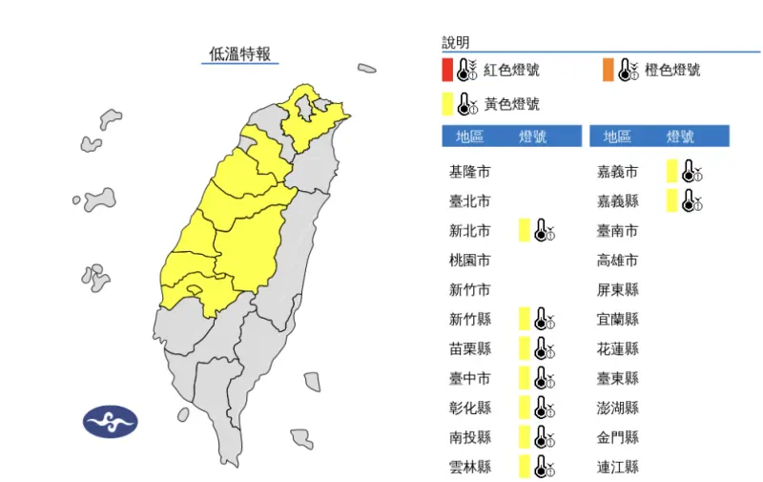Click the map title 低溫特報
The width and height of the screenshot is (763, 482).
pos(240,53)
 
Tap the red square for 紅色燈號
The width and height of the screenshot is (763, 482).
pos(447,70)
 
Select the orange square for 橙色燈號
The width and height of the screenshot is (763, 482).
pos(608,70)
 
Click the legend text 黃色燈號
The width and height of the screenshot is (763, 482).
pos(511,103)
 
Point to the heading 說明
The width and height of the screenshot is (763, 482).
pos(456,43)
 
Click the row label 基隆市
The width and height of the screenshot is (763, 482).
pos(469,172)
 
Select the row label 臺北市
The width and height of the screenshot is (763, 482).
pos(469,201)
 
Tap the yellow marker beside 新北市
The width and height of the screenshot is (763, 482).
pos(524,230)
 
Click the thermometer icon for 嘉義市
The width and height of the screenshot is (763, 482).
pos(692,172)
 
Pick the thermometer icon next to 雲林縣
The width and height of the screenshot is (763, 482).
pos(545,467)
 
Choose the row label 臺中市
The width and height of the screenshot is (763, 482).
pos(469,378)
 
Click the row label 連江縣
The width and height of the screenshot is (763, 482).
pos(618,467)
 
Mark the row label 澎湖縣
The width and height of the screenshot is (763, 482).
pos(618,408)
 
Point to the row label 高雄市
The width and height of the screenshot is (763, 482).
pos(618,261)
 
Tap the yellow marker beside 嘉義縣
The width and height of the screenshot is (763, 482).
pos(672,200)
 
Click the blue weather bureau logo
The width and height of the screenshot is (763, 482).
pos(111,421)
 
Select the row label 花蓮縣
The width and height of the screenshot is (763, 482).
pos(618,348)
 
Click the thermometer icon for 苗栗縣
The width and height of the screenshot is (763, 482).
pos(545,348)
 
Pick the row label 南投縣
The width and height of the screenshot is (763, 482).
pos(469,437)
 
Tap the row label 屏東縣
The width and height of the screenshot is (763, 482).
pos(618,289)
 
